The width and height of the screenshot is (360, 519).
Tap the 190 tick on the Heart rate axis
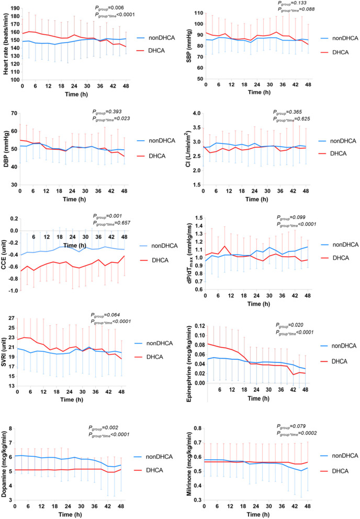tap(13, 9)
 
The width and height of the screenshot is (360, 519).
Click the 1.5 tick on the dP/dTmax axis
tap(197, 218)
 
